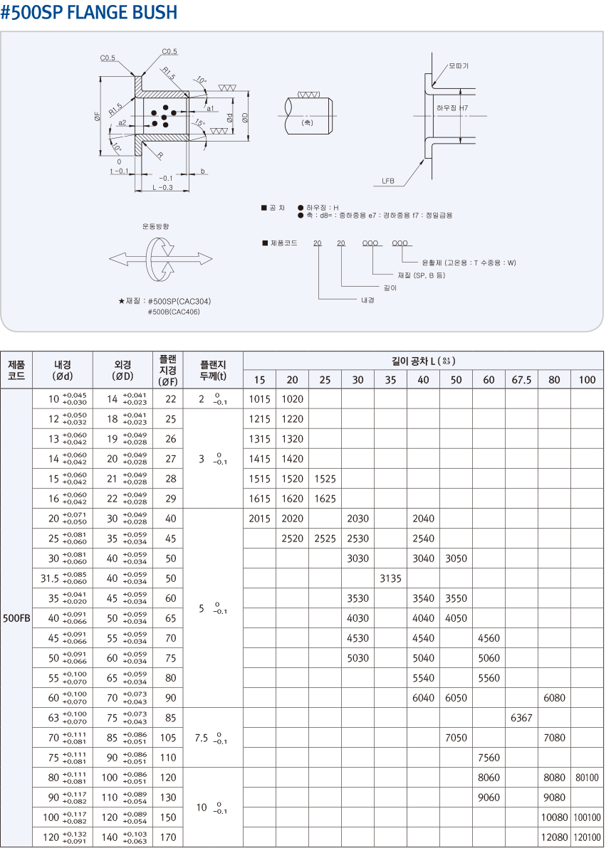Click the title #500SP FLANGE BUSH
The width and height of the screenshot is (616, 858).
point(88,12)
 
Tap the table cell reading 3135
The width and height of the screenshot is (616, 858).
point(390,578)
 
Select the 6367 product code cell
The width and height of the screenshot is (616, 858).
point(521,717)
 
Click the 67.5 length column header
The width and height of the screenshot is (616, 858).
point(521,380)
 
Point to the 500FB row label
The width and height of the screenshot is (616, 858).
point(16,618)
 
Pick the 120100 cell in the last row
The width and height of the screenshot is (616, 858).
point(587,837)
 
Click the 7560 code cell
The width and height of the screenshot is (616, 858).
point(489,757)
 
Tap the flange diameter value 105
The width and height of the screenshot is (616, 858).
point(168,737)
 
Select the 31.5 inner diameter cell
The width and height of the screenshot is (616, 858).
point(50,578)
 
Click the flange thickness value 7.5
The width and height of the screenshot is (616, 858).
point(202,737)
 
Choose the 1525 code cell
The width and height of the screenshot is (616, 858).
point(325,478)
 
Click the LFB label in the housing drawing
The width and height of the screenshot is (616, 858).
point(388,181)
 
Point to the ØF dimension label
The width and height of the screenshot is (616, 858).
point(97,117)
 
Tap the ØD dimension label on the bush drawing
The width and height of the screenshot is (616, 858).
point(245,117)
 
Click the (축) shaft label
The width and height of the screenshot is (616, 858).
point(307,122)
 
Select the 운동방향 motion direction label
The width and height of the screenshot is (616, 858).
point(156,226)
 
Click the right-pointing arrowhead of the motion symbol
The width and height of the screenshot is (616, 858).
point(207,259)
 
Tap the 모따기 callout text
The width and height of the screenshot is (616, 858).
point(459,66)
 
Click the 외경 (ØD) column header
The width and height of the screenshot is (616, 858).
point(122,370)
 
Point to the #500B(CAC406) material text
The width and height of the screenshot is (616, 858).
point(174,312)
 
